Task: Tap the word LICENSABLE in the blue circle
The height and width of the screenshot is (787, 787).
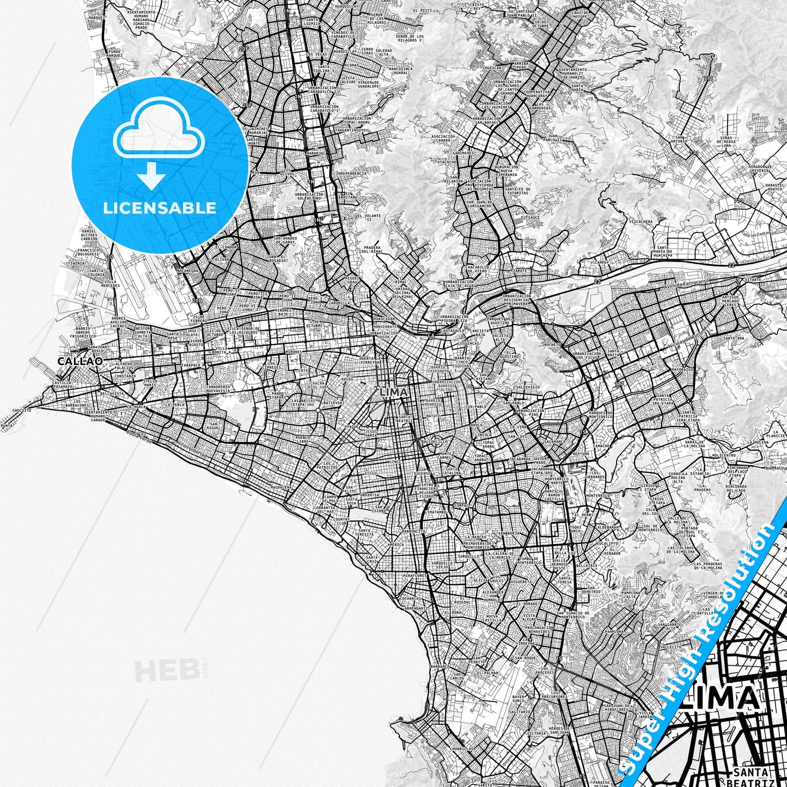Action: (159, 208)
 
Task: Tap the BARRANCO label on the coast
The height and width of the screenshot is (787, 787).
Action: (439, 666)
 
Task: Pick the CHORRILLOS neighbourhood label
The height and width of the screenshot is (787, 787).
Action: (463, 764)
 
